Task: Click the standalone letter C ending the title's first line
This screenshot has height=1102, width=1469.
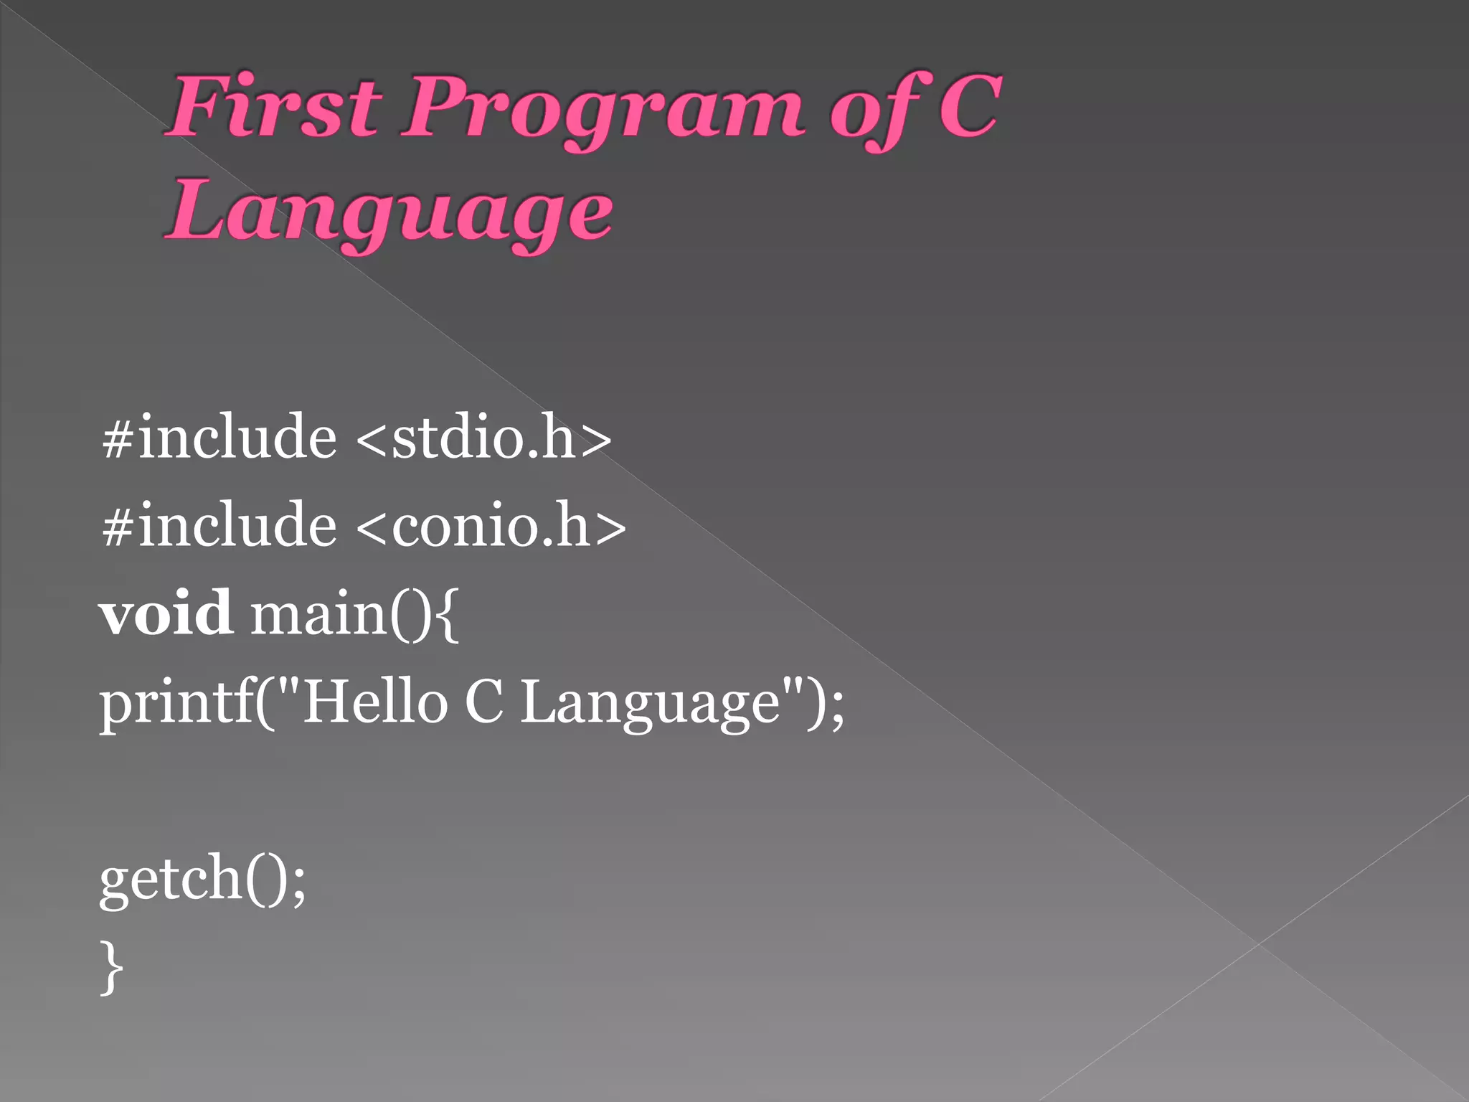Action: (969, 107)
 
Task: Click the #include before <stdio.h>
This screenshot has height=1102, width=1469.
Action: (219, 437)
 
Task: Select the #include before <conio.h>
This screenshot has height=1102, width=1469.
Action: (219, 525)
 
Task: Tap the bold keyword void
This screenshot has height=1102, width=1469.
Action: (166, 613)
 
